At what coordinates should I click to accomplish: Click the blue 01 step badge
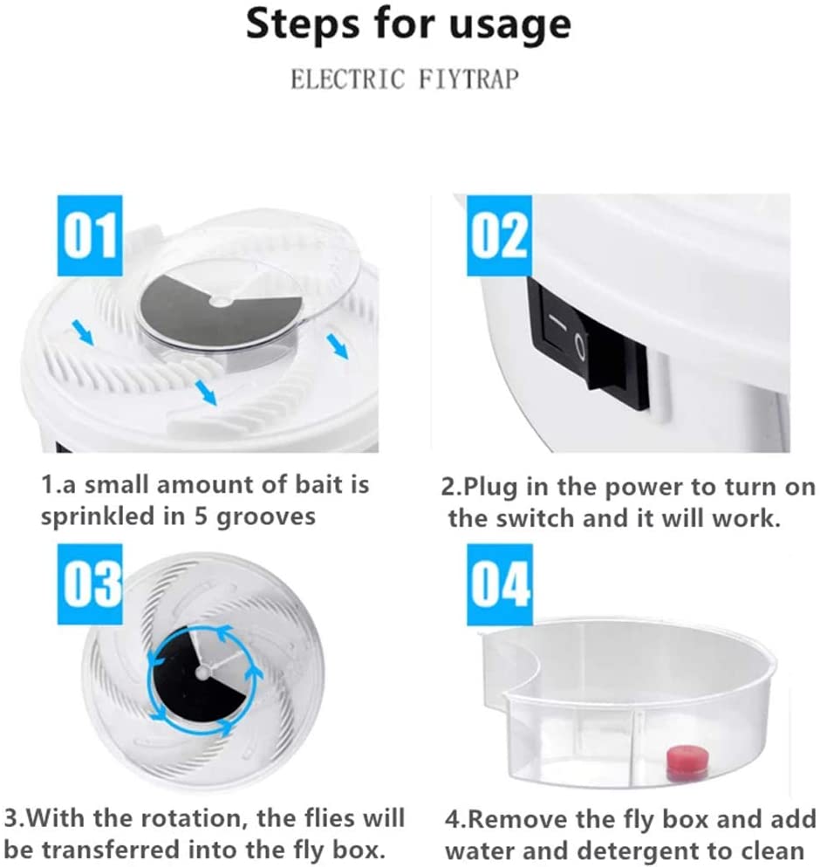(89, 229)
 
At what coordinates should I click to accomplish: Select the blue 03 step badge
(89, 581)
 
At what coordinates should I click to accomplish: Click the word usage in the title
(509, 25)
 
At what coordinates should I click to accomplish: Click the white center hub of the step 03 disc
(202, 671)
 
